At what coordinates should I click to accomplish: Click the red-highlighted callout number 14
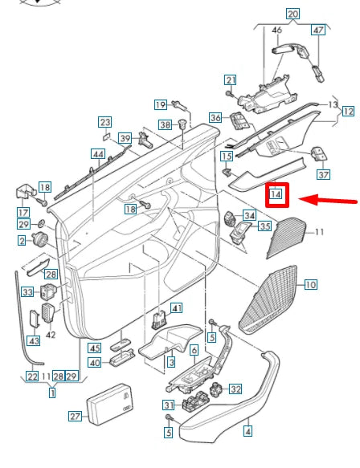click(276, 193)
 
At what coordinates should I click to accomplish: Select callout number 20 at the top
click(292, 14)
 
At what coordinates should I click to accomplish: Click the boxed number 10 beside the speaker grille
click(310, 284)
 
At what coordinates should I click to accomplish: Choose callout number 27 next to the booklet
click(76, 417)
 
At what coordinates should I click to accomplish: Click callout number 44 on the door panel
click(99, 153)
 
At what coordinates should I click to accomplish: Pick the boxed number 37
click(324, 174)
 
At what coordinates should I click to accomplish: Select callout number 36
click(215, 118)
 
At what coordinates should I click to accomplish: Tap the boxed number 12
click(347, 112)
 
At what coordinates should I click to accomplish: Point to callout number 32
click(235, 389)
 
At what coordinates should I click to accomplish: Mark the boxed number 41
click(177, 307)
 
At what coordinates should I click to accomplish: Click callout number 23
click(105, 122)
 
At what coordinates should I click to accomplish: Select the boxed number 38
click(165, 125)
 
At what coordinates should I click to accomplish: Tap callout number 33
click(27, 292)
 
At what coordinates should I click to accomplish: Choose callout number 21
click(231, 79)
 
